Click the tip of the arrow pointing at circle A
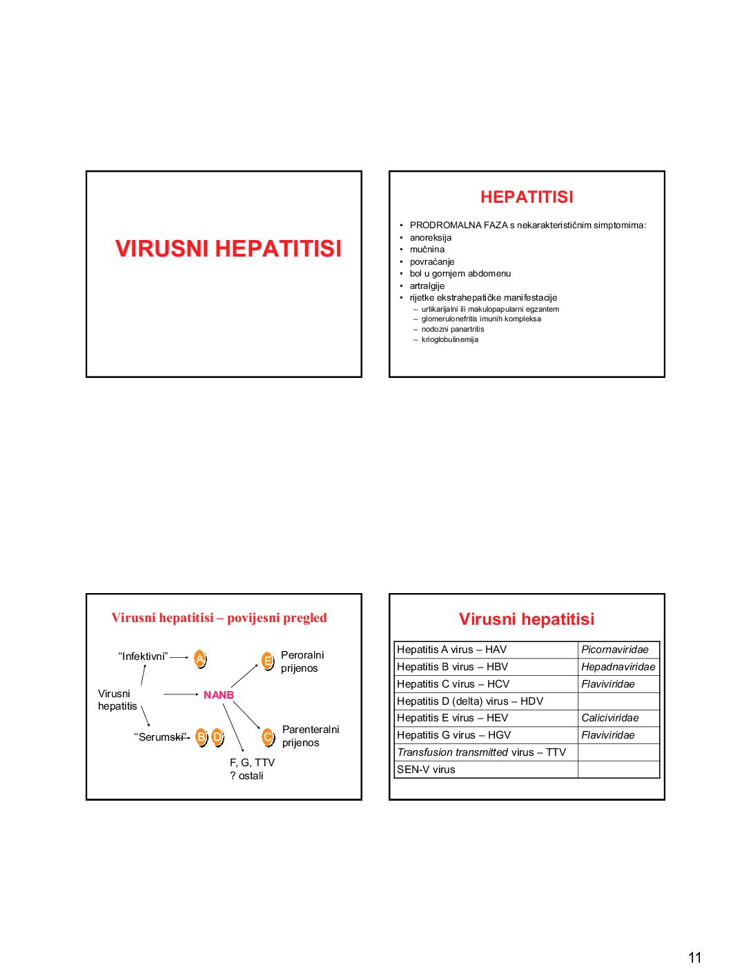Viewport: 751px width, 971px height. click(x=188, y=658)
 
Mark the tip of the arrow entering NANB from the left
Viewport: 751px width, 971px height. click(x=199, y=694)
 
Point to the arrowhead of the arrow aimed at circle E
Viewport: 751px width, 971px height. click(x=258, y=665)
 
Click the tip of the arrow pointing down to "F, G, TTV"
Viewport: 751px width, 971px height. click(x=244, y=751)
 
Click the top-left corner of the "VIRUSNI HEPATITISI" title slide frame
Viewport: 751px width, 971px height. click(x=86, y=171)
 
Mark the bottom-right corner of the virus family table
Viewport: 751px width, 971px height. click(x=660, y=778)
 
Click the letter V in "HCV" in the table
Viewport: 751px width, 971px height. click(x=505, y=684)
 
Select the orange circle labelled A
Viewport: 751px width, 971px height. click(x=199, y=658)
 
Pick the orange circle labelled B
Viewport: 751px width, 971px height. click(x=202, y=737)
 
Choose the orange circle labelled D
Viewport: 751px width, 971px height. click(x=217, y=737)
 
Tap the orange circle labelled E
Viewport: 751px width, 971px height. click(x=268, y=661)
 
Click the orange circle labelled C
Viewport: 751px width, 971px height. click(x=268, y=737)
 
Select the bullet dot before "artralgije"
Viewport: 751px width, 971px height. click(x=401, y=286)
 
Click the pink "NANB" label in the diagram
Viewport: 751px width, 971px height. click(x=219, y=695)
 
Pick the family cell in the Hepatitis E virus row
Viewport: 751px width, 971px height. click(x=618, y=718)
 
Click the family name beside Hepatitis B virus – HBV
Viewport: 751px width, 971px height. click(x=618, y=667)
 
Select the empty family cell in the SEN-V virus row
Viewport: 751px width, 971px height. click(x=618, y=770)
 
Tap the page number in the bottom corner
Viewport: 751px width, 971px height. click(x=694, y=945)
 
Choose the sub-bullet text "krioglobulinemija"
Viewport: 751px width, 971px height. click(x=449, y=339)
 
